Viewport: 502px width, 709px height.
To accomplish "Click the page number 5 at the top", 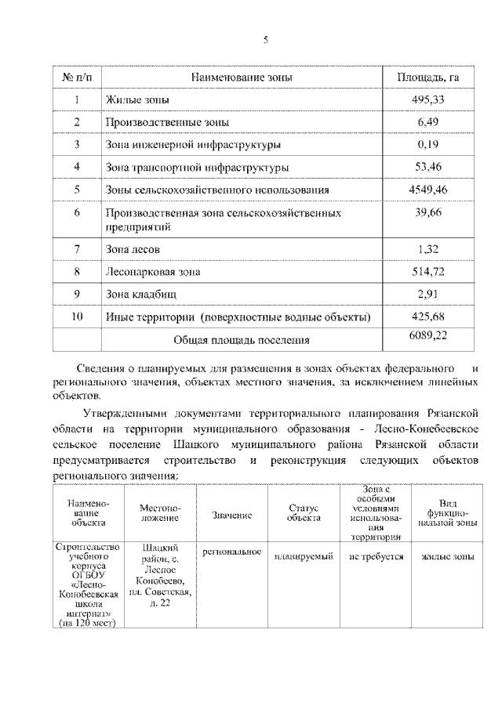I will tap(265, 41).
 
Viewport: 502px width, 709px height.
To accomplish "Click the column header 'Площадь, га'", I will tap(427, 78).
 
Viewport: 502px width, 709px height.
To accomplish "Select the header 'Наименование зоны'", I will tap(242, 78).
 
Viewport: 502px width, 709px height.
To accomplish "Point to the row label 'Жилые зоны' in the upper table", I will tap(137, 100).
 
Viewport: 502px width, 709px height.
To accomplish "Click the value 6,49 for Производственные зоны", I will tap(431, 122).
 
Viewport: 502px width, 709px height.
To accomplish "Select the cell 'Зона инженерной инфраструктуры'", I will tap(193, 145).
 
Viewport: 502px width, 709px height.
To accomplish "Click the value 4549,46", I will tap(427, 190).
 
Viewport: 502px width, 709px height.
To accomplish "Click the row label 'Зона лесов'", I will tap(133, 249).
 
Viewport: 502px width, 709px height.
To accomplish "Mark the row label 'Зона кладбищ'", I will tap(141, 295).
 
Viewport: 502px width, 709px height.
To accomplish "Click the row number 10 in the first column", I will tap(77, 317).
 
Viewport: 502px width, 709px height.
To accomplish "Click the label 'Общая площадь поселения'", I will tap(241, 340).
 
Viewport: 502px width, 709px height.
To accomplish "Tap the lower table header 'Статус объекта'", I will tap(304, 513).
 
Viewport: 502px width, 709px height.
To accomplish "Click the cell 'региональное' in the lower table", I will tap(231, 552).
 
